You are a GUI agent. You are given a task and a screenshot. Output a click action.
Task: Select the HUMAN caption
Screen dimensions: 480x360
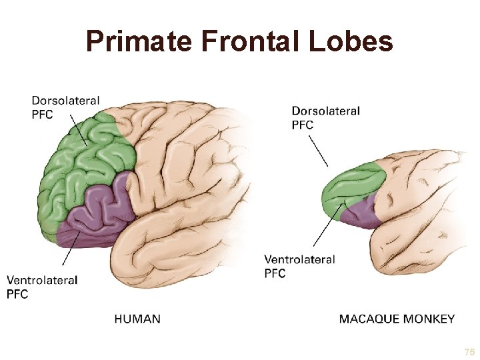137,319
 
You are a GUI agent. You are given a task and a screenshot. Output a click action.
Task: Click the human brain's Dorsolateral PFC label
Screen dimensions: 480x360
65,107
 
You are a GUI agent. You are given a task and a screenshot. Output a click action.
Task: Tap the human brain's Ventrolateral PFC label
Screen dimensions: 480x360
41,287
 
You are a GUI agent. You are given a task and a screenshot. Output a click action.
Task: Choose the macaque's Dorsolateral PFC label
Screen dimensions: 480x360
325,117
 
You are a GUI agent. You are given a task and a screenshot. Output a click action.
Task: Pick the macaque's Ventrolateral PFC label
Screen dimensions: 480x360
299,266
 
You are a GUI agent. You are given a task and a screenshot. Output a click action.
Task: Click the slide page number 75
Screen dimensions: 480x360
469,351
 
